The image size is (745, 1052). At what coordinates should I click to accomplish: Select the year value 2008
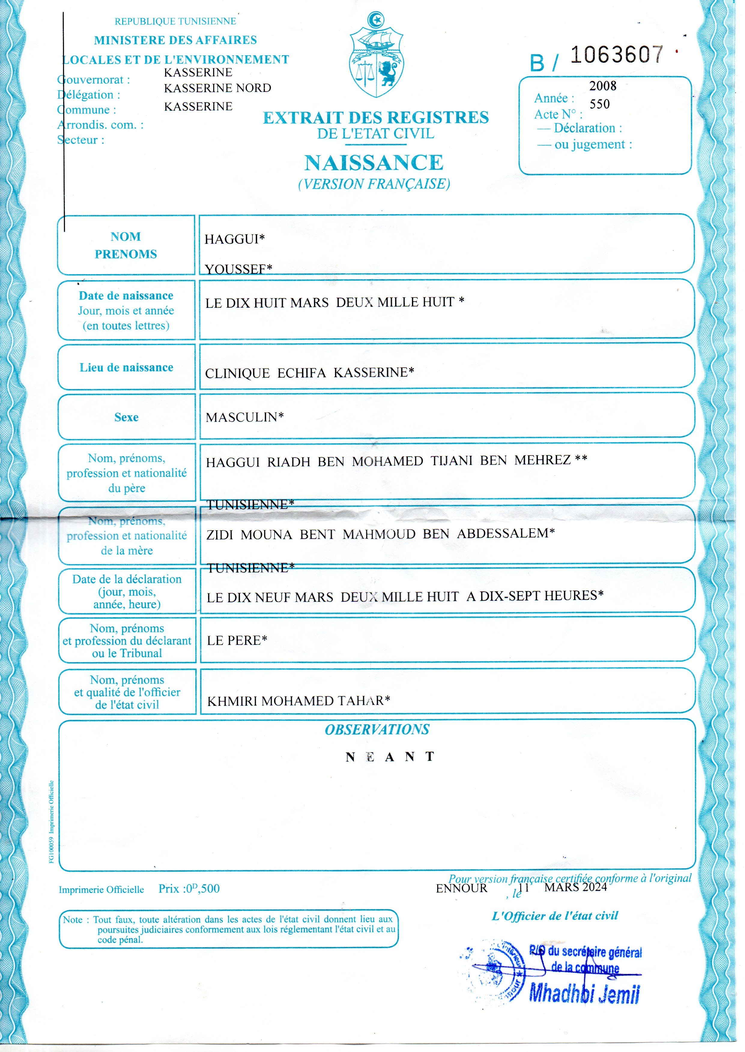coord(603,86)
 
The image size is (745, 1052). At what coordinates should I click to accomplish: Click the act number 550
coord(600,104)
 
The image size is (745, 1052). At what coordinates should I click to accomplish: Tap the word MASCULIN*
coord(244,417)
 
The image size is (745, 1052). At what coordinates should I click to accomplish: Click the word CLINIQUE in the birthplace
coord(237,373)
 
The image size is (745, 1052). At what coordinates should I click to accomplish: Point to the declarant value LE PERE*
coord(237,640)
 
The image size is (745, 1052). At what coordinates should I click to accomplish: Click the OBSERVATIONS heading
coord(377,730)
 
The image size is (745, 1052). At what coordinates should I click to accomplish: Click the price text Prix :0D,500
coord(189,889)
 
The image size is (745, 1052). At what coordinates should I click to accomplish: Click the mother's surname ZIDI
coord(220,535)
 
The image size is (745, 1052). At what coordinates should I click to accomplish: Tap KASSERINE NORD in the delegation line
coord(217,88)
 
